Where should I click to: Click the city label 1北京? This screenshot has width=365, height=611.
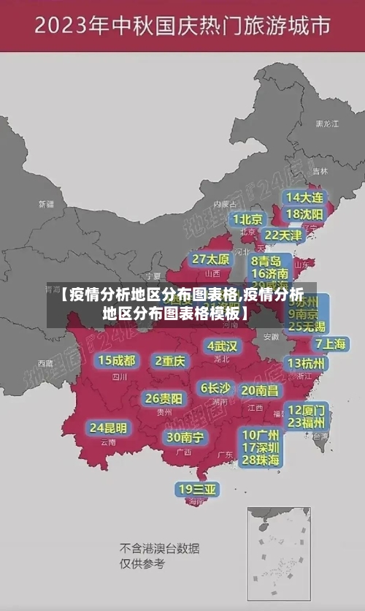click(x=247, y=219)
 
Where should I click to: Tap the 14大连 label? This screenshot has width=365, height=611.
click(x=304, y=197)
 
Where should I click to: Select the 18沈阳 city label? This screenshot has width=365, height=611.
click(x=304, y=214)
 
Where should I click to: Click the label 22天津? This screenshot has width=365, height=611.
click(x=283, y=235)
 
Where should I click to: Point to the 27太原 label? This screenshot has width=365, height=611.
click(x=211, y=259)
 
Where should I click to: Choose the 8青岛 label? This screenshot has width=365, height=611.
click(x=266, y=260)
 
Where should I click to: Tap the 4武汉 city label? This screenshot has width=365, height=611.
click(x=222, y=346)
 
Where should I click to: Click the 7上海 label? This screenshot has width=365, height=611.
click(x=330, y=344)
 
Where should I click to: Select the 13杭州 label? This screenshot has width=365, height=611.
click(x=307, y=363)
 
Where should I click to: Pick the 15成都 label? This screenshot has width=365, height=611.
click(x=116, y=360)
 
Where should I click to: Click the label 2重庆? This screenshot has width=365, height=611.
click(x=170, y=360)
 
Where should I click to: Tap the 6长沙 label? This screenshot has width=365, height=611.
click(x=215, y=387)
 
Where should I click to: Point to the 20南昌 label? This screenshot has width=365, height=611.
click(x=259, y=390)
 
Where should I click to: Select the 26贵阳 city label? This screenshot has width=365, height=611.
click(x=164, y=398)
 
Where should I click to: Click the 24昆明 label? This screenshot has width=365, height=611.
click(x=108, y=427)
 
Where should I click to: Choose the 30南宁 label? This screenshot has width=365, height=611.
click(x=185, y=437)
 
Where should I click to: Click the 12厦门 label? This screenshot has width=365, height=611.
click(x=307, y=409)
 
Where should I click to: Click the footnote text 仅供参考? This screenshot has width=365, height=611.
click(x=142, y=563)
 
